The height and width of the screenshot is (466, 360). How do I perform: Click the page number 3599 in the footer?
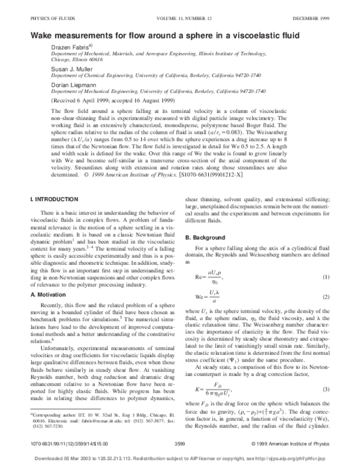click(x=179, y=442)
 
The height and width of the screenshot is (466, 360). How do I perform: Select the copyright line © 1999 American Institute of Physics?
click(x=304, y=442)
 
